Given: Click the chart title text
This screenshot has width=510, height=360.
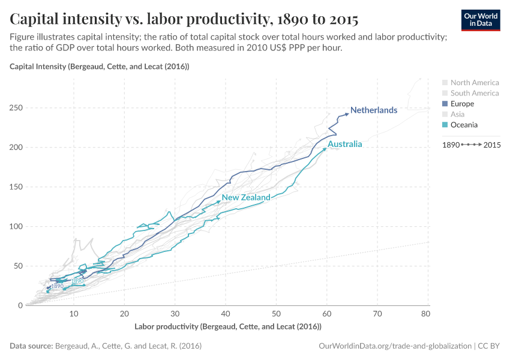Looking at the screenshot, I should pyautogui.click(x=184, y=19).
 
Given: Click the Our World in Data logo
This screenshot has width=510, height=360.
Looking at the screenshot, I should pyautogui.click(x=480, y=20).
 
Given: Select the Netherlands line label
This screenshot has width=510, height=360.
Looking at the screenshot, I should pyautogui.click(x=374, y=110).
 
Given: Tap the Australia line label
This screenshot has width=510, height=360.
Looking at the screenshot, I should pyautogui.click(x=345, y=145).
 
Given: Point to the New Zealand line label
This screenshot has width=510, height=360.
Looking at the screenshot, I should pyautogui.click(x=246, y=197).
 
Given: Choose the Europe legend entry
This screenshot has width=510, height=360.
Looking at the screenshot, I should pyautogui.click(x=461, y=104).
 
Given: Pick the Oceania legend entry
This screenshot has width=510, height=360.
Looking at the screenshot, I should pyautogui.click(x=464, y=125).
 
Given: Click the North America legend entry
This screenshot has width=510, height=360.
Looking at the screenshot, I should pyautogui.click(x=474, y=83).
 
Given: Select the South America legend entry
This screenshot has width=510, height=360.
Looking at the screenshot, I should pyautogui.click(x=474, y=93).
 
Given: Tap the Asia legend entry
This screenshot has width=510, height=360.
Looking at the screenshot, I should pyautogui.click(x=457, y=114).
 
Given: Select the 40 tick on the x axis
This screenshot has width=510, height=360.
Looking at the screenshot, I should pyautogui.click(x=225, y=314).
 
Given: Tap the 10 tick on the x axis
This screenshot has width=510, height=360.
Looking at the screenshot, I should pyautogui.click(x=73, y=314).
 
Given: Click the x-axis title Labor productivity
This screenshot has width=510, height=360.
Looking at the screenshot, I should pyautogui.click(x=228, y=326).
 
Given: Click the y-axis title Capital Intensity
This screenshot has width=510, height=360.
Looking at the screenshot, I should pyautogui.click(x=100, y=67).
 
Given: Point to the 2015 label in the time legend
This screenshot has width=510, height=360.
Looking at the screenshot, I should pyautogui.click(x=492, y=145).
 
